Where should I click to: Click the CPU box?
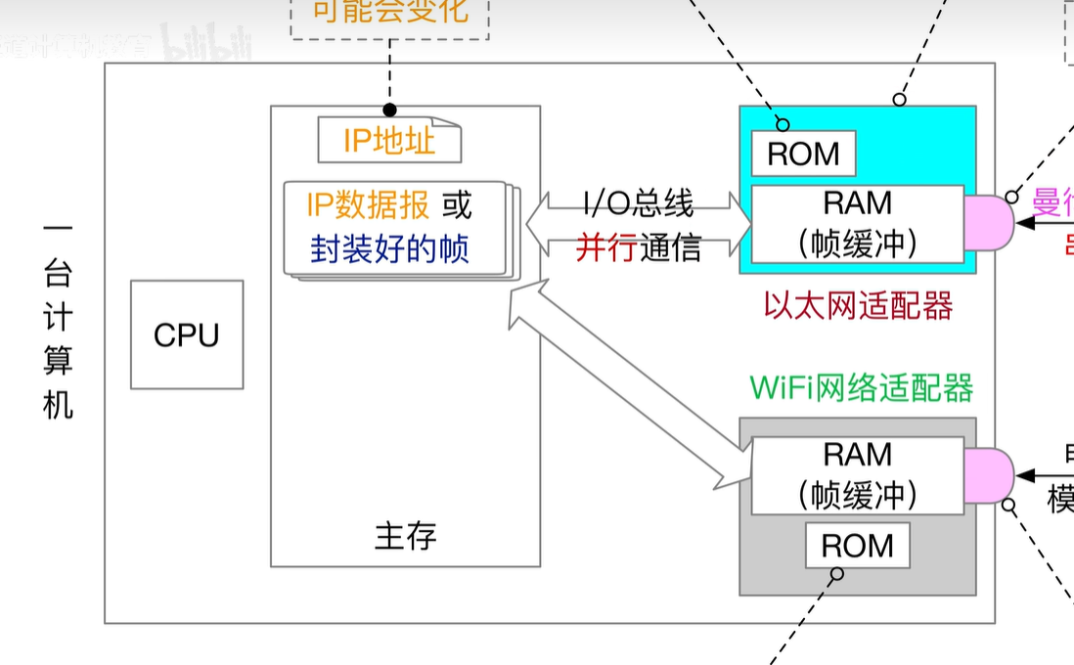click(187, 334)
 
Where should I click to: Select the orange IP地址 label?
click(388, 142)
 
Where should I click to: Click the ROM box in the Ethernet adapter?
click(803, 155)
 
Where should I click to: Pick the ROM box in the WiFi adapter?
click(857, 546)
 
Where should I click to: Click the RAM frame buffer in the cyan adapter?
click(857, 224)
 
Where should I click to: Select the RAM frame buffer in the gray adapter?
click(857, 476)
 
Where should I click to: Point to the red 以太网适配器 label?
click(858, 307)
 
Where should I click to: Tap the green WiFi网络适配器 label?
click(861, 388)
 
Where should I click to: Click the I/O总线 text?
click(639, 203)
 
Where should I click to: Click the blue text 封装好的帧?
click(389, 248)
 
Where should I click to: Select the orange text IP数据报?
click(367, 205)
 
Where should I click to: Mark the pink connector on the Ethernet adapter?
click(988, 223)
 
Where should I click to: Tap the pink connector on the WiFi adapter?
click(988, 476)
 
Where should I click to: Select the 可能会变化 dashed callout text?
click(389, 12)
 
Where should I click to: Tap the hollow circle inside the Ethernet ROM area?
click(783, 124)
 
